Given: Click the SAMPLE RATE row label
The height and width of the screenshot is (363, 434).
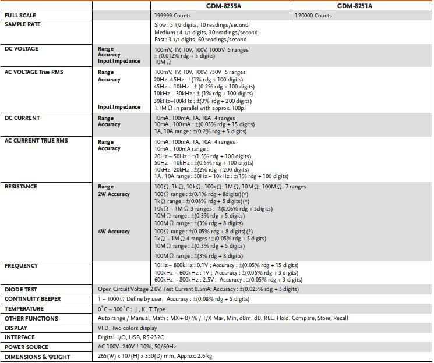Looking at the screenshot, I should point(23,24).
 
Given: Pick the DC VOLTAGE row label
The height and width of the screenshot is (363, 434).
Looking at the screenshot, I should point(22,49).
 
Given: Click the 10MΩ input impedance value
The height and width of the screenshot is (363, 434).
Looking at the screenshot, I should point(163,61).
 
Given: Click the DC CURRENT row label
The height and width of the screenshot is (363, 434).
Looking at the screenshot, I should point(22,118).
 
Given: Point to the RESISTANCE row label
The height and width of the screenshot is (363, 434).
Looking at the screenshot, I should point(21,187).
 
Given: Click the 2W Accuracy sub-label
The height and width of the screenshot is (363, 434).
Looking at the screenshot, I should point(114,194).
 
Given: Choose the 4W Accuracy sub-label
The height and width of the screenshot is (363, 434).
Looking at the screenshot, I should point(114,232).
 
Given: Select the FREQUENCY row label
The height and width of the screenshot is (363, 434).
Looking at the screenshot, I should point(22,266).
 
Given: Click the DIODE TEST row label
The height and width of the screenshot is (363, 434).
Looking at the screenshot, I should point(22,289).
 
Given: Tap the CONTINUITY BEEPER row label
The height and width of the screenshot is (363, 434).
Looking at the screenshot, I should point(33,299).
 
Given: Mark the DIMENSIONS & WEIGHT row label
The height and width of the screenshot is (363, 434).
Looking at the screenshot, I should point(37,357).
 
